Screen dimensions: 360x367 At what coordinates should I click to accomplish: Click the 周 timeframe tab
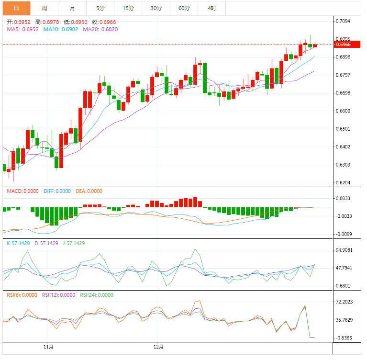(x=44, y=8)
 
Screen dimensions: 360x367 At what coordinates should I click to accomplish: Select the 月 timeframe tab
(x=72, y=8)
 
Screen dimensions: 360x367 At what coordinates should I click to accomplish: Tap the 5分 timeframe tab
(x=100, y=8)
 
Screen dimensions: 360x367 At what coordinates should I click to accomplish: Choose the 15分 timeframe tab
(x=128, y=8)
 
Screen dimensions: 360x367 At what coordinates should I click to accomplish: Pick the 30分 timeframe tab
(x=156, y=8)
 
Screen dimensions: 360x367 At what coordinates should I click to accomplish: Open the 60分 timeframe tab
(x=184, y=8)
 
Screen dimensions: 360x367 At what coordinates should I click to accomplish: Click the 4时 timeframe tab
(x=212, y=8)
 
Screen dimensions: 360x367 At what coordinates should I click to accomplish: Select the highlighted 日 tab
(x=16, y=8)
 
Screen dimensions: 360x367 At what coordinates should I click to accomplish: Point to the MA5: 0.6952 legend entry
(x=22, y=29)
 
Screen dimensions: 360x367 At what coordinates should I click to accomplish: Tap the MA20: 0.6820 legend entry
(x=100, y=29)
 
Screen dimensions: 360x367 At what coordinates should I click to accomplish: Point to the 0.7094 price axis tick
(x=343, y=21)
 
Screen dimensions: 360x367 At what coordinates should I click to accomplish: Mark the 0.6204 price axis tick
(x=343, y=183)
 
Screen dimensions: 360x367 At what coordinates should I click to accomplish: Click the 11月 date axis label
(x=48, y=347)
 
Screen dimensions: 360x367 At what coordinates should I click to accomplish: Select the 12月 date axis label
(x=159, y=347)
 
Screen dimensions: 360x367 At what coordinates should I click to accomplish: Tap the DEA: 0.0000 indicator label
(x=89, y=191)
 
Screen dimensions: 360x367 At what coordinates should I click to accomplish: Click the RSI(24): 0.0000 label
(x=97, y=295)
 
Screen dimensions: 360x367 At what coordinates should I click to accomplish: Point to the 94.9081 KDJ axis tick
(x=345, y=250)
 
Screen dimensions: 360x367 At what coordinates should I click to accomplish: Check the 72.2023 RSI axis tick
(x=345, y=302)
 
